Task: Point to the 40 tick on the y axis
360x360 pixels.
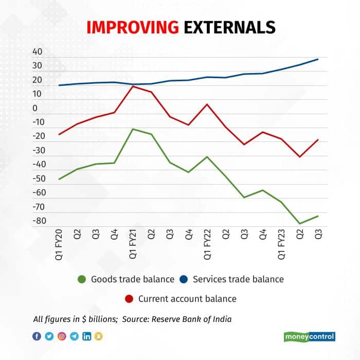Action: (x=38, y=52)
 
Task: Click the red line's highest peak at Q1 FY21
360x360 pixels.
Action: (x=133, y=86)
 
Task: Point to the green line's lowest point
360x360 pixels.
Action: (x=300, y=224)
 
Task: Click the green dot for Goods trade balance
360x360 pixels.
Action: (x=82, y=280)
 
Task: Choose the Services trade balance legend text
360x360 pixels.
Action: (x=238, y=280)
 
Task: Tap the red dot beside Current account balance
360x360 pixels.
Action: (x=129, y=299)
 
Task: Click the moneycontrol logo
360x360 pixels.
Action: (x=310, y=337)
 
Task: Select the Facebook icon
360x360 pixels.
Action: (x=37, y=336)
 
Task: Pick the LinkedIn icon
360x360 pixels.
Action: (x=87, y=336)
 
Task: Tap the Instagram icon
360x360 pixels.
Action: (x=62, y=336)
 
